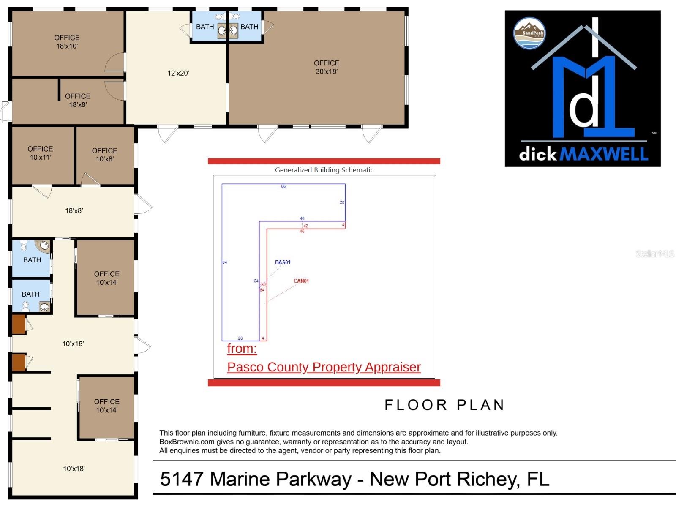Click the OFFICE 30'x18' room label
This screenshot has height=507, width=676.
click(x=326, y=67)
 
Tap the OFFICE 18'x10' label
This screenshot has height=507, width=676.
click(x=67, y=42)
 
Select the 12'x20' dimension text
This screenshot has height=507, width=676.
click(x=178, y=73)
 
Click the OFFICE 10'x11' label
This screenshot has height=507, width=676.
click(x=40, y=153)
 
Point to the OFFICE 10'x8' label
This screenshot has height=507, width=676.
click(x=104, y=155)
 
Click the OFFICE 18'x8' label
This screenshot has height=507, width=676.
click(x=78, y=101)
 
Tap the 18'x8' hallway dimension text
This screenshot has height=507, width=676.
click(x=74, y=210)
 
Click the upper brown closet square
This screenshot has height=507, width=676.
click(x=19, y=324)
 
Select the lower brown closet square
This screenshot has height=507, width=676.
click(x=19, y=363)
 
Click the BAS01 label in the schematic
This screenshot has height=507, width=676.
click(x=283, y=262)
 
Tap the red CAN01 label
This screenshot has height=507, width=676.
click(x=301, y=281)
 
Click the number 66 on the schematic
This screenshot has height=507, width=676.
click(x=283, y=186)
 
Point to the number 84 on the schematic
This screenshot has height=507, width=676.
click(x=225, y=262)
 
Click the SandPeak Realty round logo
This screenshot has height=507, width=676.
click(x=529, y=33)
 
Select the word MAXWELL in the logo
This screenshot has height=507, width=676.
click(x=604, y=154)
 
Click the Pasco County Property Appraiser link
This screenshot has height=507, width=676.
click(x=324, y=367)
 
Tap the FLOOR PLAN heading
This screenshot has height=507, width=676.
click(x=444, y=405)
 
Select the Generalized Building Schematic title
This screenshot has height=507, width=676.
click(x=324, y=170)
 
